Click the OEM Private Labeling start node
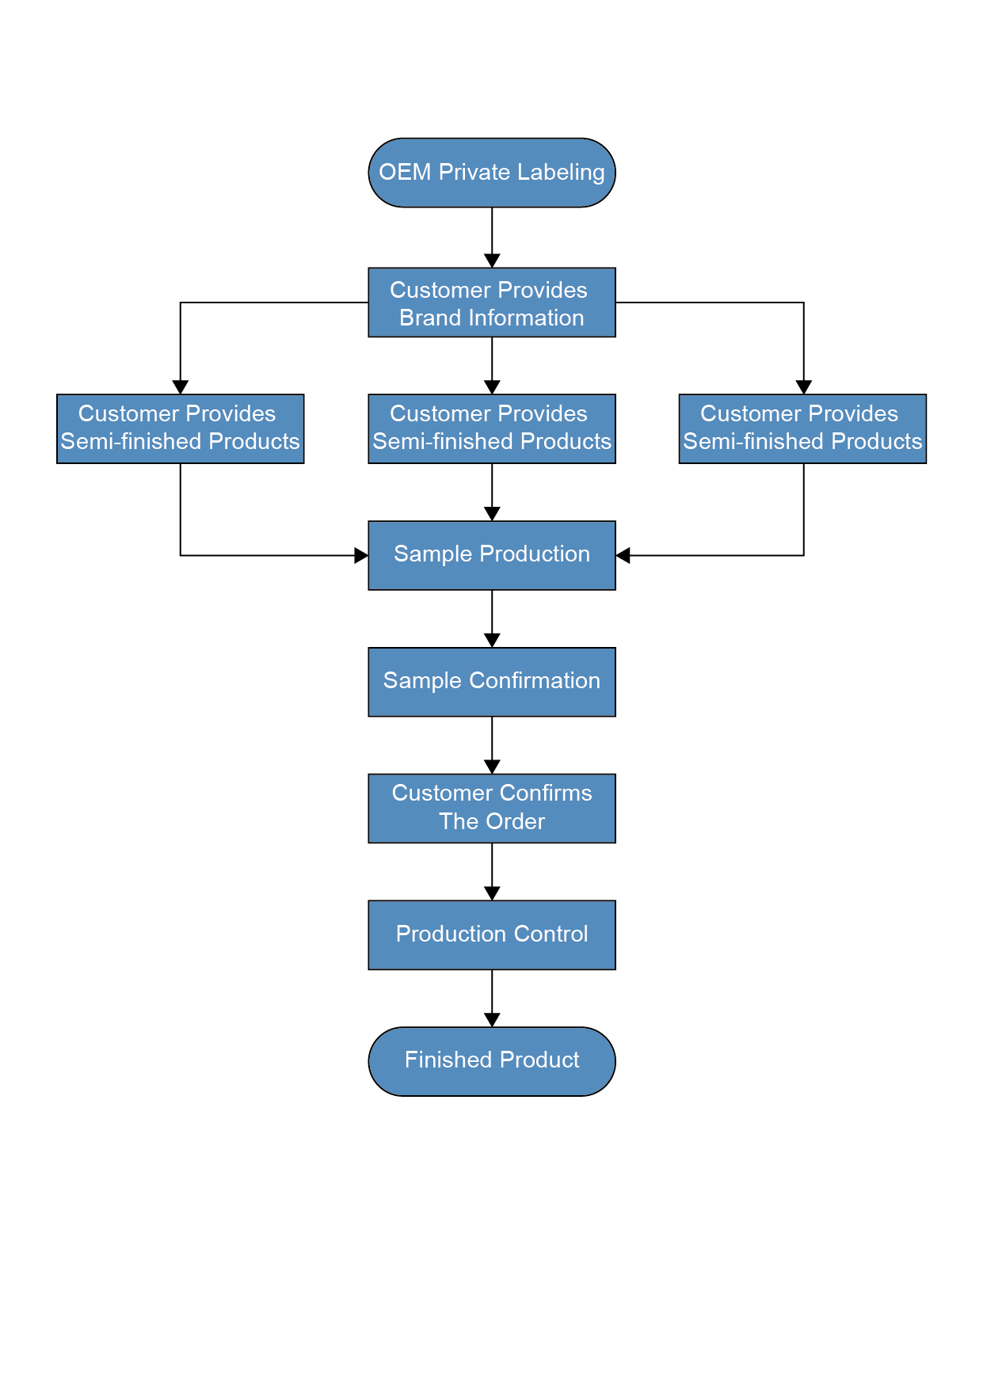click(491, 173)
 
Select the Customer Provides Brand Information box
click(491, 303)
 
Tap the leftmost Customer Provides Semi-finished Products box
click(181, 428)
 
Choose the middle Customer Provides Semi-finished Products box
click(491, 428)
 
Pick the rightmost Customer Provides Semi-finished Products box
click(802, 428)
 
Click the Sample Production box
click(491, 555)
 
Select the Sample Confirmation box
click(491, 682)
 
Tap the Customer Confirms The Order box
click(491, 809)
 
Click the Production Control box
click(491, 935)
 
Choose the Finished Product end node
click(491, 1061)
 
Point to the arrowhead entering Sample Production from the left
click(361, 555)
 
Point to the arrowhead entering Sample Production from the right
click(623, 555)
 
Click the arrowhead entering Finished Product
click(492, 1020)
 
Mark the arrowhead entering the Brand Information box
click(492, 261)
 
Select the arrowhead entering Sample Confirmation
click(492, 640)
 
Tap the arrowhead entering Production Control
click(492, 893)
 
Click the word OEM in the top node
click(404, 173)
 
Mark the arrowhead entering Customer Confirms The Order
click(492, 767)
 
